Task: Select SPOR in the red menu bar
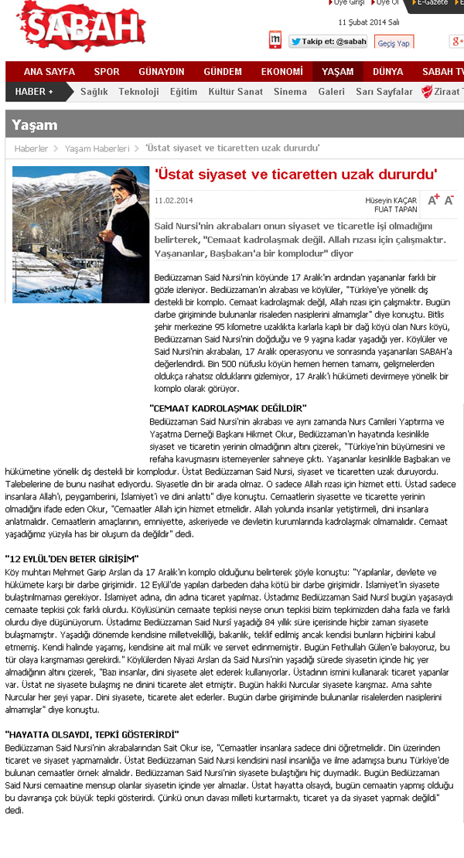pyautogui.click(x=107, y=72)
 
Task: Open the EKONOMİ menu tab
pyautogui.click(x=281, y=72)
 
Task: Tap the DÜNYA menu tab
pyautogui.click(x=387, y=72)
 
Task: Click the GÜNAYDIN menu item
pyautogui.click(x=162, y=72)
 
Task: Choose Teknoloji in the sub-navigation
pyautogui.click(x=138, y=92)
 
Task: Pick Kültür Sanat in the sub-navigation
pyautogui.click(x=236, y=92)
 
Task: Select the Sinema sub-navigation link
pyautogui.click(x=290, y=92)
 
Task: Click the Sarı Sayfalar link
pyautogui.click(x=384, y=92)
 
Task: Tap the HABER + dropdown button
pyautogui.click(x=35, y=92)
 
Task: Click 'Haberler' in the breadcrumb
pyautogui.click(x=32, y=148)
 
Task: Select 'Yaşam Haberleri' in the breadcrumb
pyautogui.click(x=97, y=148)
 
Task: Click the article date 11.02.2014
pyautogui.click(x=174, y=200)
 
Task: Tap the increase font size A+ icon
pyautogui.click(x=433, y=199)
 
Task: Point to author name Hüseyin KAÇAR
pyautogui.click(x=391, y=200)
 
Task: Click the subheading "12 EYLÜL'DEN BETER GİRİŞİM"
pyautogui.click(x=72, y=558)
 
